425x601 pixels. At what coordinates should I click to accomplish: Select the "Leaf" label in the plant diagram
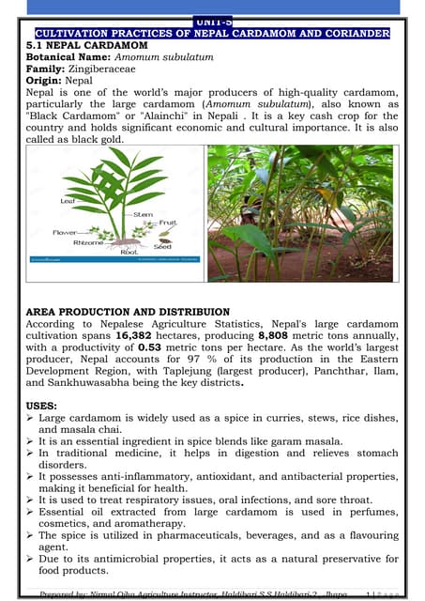[68, 200]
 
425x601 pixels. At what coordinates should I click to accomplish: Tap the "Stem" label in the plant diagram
[144, 214]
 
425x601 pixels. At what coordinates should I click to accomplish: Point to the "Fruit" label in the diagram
[168, 223]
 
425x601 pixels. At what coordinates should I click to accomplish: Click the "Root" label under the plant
[129, 252]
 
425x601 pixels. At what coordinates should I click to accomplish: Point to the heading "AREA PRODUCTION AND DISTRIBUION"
[127, 311]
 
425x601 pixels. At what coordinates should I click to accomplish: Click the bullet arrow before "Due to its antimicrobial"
[31, 560]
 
